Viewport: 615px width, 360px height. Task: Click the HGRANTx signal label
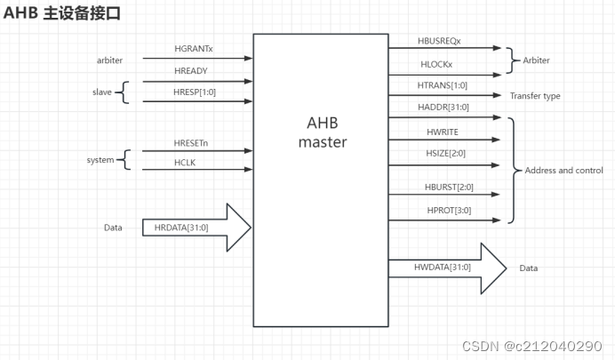click(194, 49)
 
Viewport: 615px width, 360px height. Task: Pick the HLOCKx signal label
click(435, 65)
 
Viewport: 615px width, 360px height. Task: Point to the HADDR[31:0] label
click(443, 108)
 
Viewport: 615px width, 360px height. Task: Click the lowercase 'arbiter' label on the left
click(109, 60)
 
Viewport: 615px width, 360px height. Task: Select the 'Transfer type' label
click(535, 96)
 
